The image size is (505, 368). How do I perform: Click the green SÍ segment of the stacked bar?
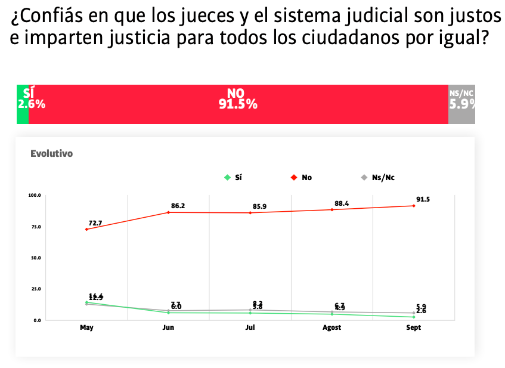coord(22,104)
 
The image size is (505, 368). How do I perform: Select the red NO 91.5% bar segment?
coord(238,104)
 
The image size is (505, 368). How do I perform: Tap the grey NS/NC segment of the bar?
coord(461,104)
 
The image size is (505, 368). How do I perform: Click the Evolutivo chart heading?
coord(51,154)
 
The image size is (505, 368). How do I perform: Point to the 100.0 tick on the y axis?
coord(35,196)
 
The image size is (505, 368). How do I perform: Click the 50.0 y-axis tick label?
coord(36,258)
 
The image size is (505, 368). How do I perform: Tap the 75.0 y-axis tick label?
coord(36,227)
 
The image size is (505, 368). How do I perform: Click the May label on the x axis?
coord(86,327)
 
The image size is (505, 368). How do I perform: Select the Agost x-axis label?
coord(332,327)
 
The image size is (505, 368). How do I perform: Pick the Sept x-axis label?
coord(414,327)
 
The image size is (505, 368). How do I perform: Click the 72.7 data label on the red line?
coord(95,223)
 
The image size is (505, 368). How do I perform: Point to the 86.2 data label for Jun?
coord(177,206)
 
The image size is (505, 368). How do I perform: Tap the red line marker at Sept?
coord(414,206)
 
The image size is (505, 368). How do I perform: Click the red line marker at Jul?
coord(250,213)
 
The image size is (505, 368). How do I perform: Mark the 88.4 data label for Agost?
coord(342,203)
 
